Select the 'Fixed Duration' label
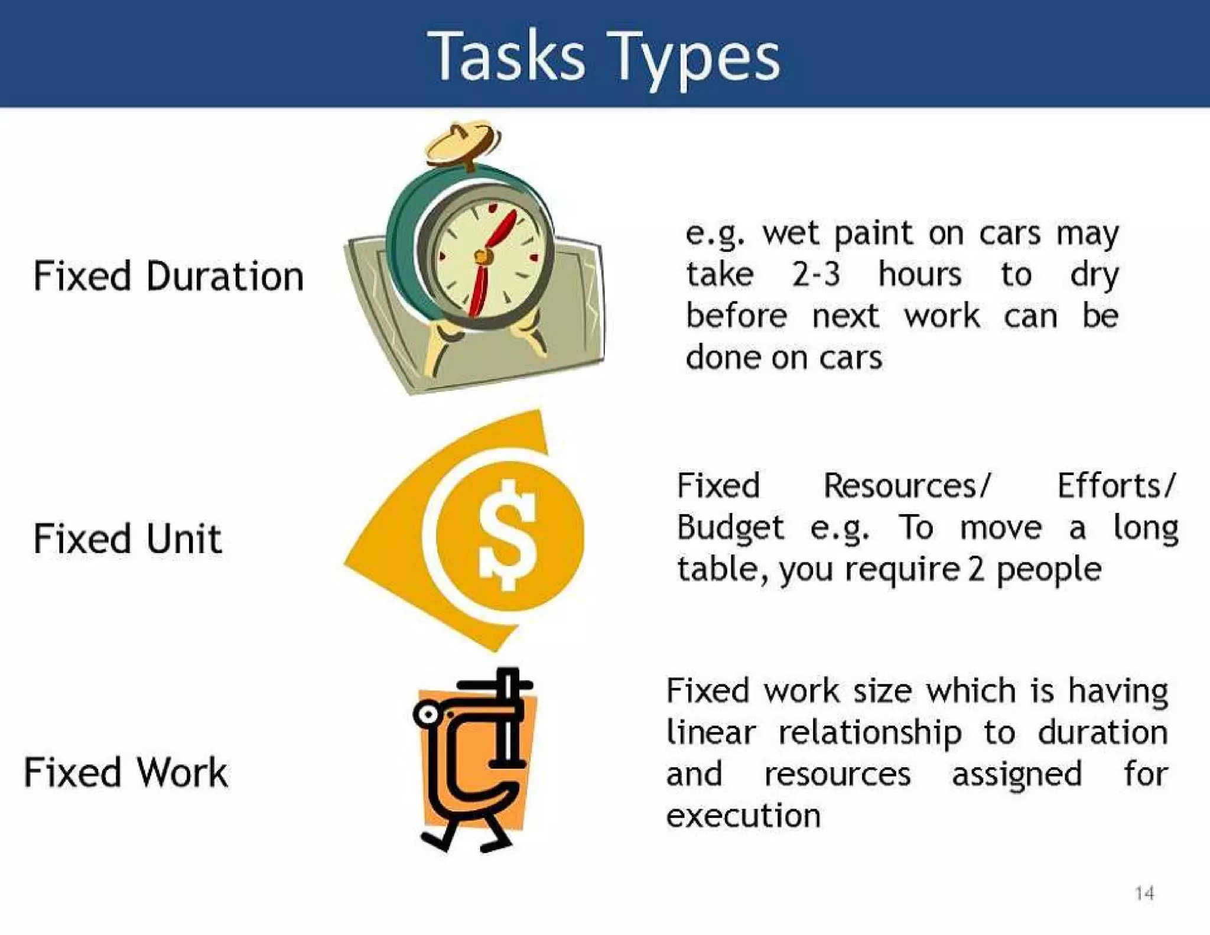pyautogui.click(x=168, y=276)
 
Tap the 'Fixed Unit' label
pyautogui.click(x=128, y=538)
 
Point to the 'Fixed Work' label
pyautogui.click(x=126, y=772)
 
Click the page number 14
pyautogui.click(x=1144, y=893)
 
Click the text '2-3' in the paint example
pyautogui.click(x=816, y=275)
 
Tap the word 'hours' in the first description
pyautogui.click(x=920, y=275)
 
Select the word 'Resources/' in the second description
pyautogui.click(x=906, y=486)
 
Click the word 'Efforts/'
pyautogui.click(x=1116, y=486)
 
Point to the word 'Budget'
pyautogui.click(x=730, y=528)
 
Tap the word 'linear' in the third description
pyautogui.click(x=711, y=733)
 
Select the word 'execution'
pyautogui.click(x=743, y=816)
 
